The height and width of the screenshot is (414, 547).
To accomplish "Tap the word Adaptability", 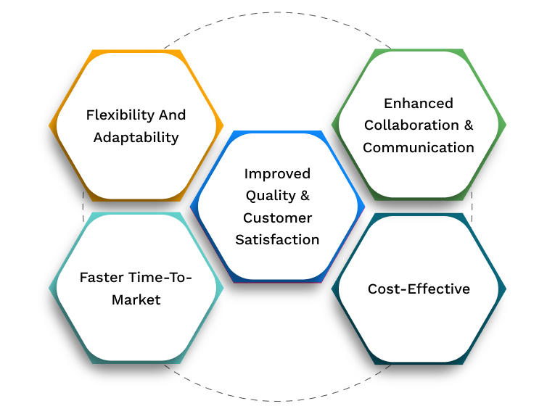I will pyautogui.click(x=136, y=137).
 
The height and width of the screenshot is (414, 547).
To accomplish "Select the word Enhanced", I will pyautogui.click(x=419, y=103).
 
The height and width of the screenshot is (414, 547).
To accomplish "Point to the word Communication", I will pyautogui.click(x=419, y=147).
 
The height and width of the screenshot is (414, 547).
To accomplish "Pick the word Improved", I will pyautogui.click(x=277, y=173).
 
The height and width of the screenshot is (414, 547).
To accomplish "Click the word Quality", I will pyautogui.click(x=271, y=195).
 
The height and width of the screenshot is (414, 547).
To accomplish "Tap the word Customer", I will pyautogui.click(x=277, y=218).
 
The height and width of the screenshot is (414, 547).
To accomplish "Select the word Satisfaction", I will pyautogui.click(x=277, y=239).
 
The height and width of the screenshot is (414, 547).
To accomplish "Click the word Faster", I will pyautogui.click(x=102, y=277).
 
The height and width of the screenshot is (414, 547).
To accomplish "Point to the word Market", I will pyautogui.click(x=136, y=299).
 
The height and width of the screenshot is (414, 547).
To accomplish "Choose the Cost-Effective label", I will pyautogui.click(x=419, y=289).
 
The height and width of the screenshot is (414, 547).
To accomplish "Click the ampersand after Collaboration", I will pyautogui.click(x=468, y=125).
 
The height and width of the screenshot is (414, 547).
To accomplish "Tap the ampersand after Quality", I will pyautogui.click(x=305, y=195).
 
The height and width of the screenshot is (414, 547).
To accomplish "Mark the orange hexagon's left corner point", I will pyautogui.click(x=49, y=125).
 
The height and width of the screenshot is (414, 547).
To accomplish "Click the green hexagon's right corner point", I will pyautogui.click(x=506, y=125).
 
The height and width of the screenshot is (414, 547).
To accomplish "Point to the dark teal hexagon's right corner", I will pyautogui.click(x=506, y=288).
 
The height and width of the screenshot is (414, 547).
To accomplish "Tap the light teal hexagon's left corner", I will pyautogui.click(x=49, y=288).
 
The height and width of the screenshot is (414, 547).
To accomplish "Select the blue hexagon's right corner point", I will pyautogui.click(x=364, y=207).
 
